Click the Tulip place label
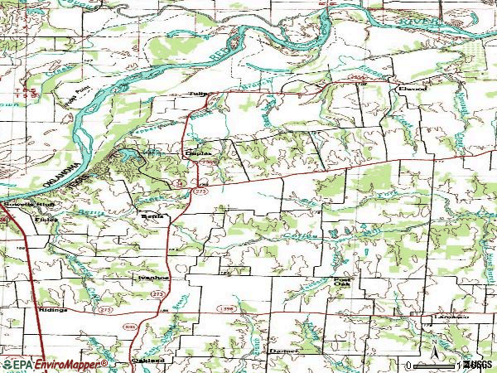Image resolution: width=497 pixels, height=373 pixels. point(197,94)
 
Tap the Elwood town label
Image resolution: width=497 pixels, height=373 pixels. point(410,86)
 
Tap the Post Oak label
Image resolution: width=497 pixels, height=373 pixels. point(341,283)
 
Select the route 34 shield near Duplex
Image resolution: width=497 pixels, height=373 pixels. point(178,182)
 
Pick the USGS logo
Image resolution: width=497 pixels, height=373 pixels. point(478,364)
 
